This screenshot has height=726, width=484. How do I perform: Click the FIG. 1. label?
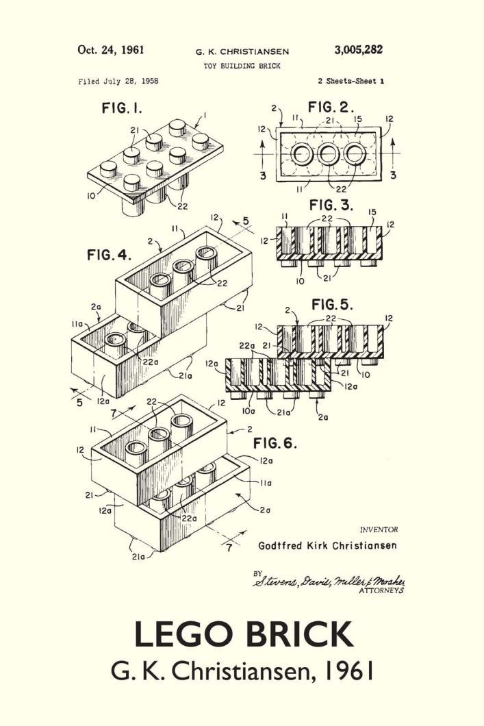[122, 109]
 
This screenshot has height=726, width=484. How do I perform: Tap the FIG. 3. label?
[331, 205]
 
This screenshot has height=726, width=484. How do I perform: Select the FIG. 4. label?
[109, 255]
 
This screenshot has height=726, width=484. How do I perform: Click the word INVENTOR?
[379, 529]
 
